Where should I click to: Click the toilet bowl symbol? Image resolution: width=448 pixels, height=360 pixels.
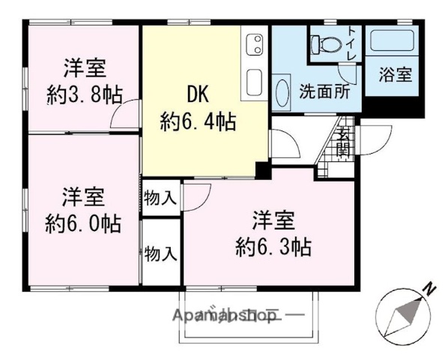(324, 45)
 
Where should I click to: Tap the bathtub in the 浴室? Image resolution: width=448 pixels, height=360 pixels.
(392, 41)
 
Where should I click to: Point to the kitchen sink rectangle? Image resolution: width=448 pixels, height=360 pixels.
(253, 81)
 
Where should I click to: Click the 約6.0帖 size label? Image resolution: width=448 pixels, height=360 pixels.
(82, 223)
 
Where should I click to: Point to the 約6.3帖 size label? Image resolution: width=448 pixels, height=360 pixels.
(273, 245)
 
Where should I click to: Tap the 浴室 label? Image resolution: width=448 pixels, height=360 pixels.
(394, 76)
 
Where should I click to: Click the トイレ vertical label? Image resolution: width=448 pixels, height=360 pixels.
(351, 43)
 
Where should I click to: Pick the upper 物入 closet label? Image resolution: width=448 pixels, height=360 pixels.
(160, 199)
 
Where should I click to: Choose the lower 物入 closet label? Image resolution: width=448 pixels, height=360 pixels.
(160, 253)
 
